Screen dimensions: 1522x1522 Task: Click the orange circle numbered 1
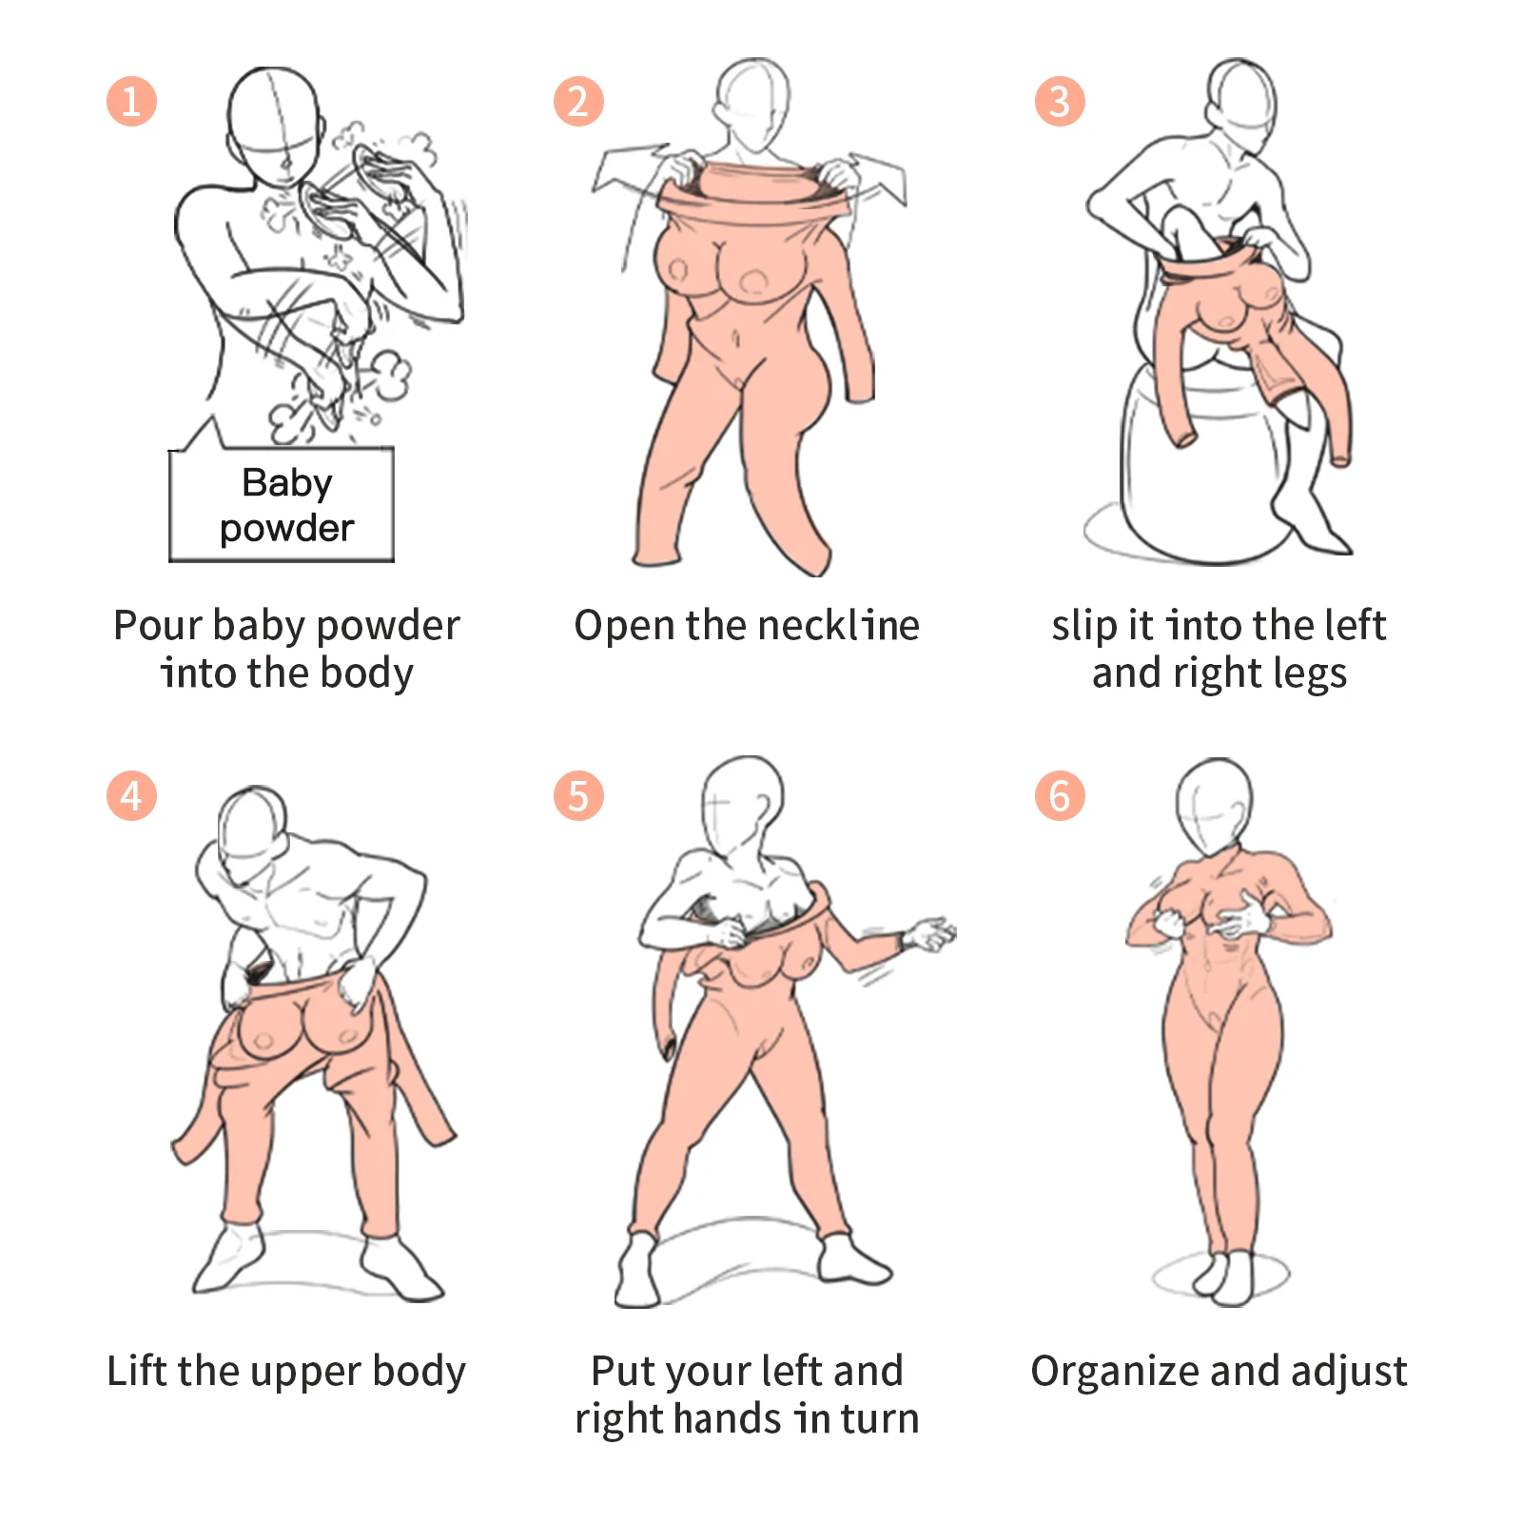[x=131, y=102]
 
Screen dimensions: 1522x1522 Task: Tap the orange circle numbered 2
[x=578, y=102]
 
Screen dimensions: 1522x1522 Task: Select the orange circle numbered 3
[x=1060, y=102]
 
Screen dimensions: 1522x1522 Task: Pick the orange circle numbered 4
[x=131, y=795]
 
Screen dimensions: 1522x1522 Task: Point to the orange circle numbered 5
[x=578, y=795]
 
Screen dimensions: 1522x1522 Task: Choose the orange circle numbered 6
[x=1060, y=795]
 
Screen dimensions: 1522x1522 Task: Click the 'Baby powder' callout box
[x=282, y=505]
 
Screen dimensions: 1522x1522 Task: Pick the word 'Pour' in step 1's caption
[x=157, y=626]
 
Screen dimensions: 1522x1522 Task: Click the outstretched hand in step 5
[x=929, y=934]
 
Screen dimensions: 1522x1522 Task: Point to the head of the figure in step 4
[x=252, y=826]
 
